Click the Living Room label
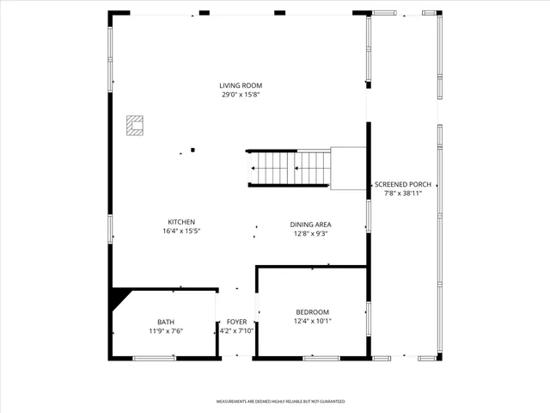[240, 85]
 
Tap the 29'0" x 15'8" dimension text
[240, 95]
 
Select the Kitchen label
[181, 221]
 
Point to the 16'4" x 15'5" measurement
[181, 231]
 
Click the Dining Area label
[310, 224]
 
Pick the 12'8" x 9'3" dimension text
[310, 233]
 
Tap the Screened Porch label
[402, 184]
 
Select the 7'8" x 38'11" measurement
[402, 194]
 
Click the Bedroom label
[312, 311]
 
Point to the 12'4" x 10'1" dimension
[312, 321]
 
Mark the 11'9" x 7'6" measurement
[165, 330]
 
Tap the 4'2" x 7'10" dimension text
[236, 330]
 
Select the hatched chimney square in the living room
[135, 126]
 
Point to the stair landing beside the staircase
[348, 167]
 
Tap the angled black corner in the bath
[119, 300]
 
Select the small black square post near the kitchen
[192, 150]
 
